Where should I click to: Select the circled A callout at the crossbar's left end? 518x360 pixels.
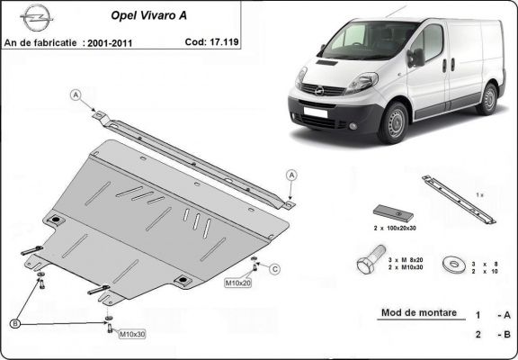76,94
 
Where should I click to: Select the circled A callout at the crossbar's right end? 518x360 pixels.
292,174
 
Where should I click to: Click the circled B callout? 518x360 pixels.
15,322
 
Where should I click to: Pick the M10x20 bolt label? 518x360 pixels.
237,283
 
